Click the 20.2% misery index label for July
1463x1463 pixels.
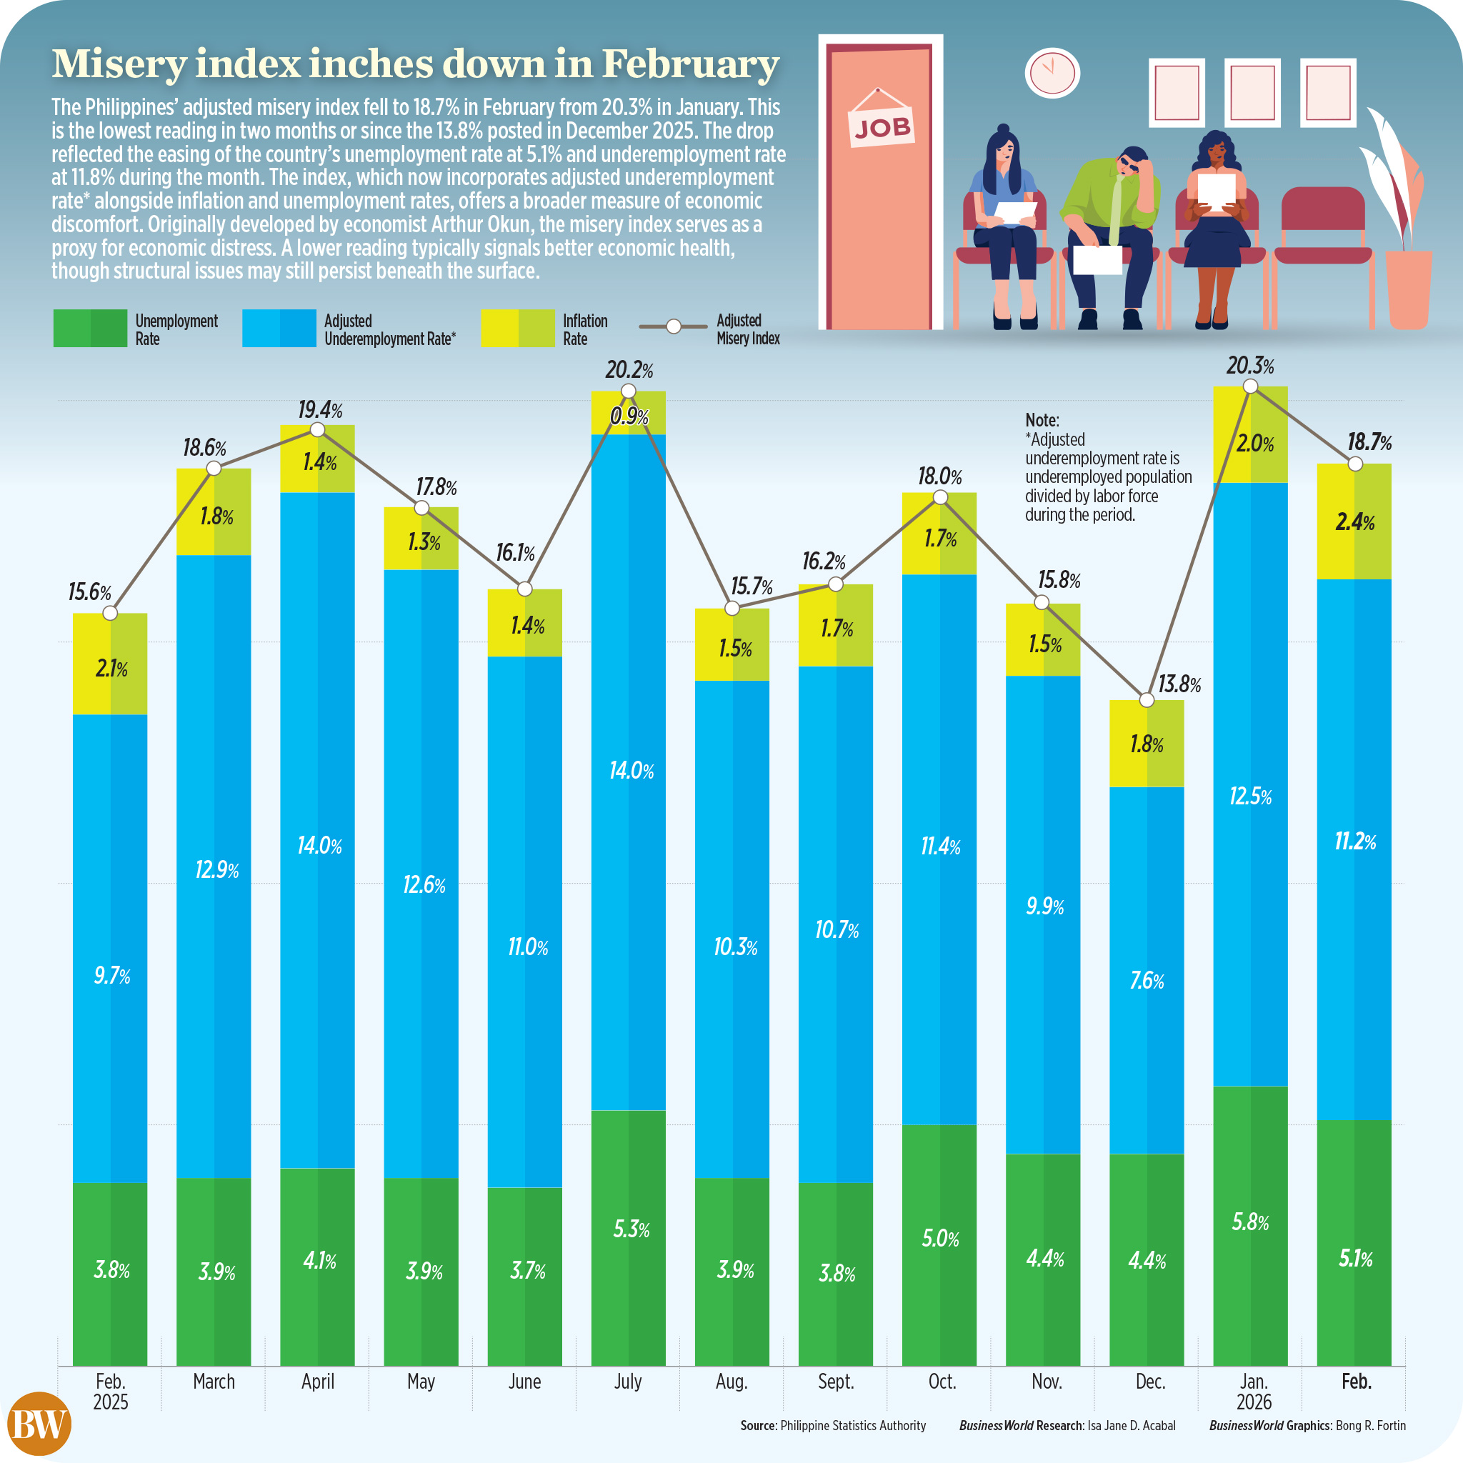629,370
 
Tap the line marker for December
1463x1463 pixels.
1147,701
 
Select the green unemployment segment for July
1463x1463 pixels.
629,1237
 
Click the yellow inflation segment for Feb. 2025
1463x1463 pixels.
110,664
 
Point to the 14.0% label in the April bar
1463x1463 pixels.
319,846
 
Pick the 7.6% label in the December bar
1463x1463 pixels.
1147,982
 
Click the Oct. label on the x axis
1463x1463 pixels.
942,1382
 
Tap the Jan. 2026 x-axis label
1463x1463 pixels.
1253,1391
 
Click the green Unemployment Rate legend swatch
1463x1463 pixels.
90,329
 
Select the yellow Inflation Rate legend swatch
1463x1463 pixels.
518,329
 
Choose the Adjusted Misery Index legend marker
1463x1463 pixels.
673,327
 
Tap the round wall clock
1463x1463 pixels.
1052,73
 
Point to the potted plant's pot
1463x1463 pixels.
1408,288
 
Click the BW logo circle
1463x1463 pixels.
39,1424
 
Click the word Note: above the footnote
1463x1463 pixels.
1042,420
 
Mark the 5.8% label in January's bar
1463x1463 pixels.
1250,1222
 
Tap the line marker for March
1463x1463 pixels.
214,469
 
